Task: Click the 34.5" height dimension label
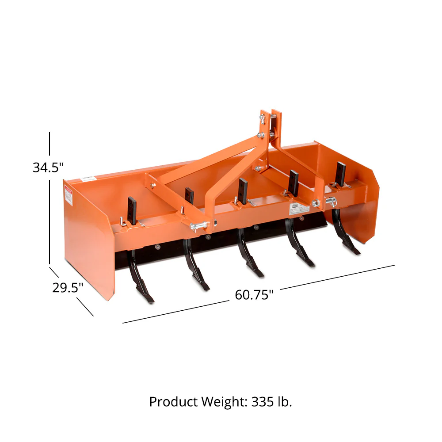48,168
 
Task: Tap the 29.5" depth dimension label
68,288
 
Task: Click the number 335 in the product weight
263,402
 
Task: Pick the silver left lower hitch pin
198,227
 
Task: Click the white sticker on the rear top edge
88,178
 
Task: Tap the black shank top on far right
340,173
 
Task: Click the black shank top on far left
132,210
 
